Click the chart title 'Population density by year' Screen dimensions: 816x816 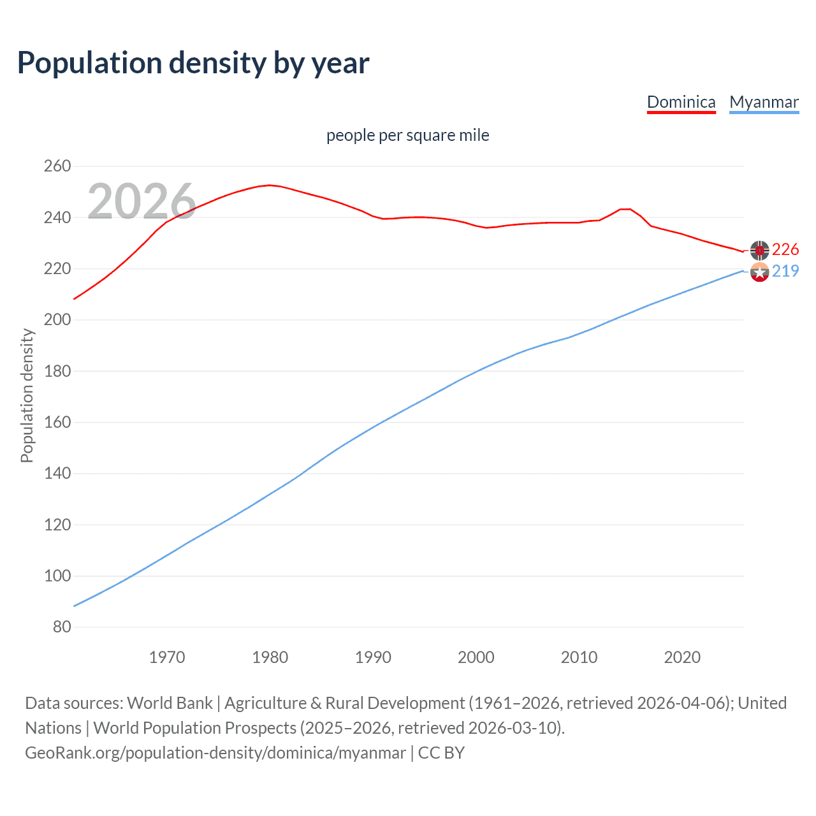pyautogui.click(x=193, y=63)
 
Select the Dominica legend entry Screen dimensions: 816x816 pyautogui.click(x=681, y=102)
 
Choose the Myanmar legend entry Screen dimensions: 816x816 pyautogui.click(x=764, y=102)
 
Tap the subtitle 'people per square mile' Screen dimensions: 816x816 pyautogui.click(x=407, y=135)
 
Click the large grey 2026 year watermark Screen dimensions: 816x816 pyautogui.click(x=142, y=201)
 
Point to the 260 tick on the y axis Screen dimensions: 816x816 pyautogui.click(x=57, y=166)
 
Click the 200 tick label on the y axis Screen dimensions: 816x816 pyautogui.click(x=57, y=320)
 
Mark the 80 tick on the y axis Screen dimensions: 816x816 pyautogui.click(x=62, y=627)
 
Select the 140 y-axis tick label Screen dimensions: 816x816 pyautogui.click(x=57, y=474)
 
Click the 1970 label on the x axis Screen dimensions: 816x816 pyautogui.click(x=167, y=657)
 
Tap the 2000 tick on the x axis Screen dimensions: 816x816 pyautogui.click(x=476, y=657)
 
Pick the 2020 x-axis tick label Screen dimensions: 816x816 pyautogui.click(x=682, y=657)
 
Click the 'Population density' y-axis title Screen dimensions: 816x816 pyautogui.click(x=27, y=395)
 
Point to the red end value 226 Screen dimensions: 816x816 pyautogui.click(x=785, y=249)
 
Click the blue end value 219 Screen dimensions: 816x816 pyautogui.click(x=785, y=271)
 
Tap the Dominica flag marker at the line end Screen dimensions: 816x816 pyautogui.click(x=759, y=250)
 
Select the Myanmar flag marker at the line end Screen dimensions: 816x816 pyautogui.click(x=759, y=272)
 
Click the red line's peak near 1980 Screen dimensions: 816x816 pyautogui.click(x=269, y=185)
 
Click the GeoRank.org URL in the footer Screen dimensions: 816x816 pyautogui.click(x=215, y=753)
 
